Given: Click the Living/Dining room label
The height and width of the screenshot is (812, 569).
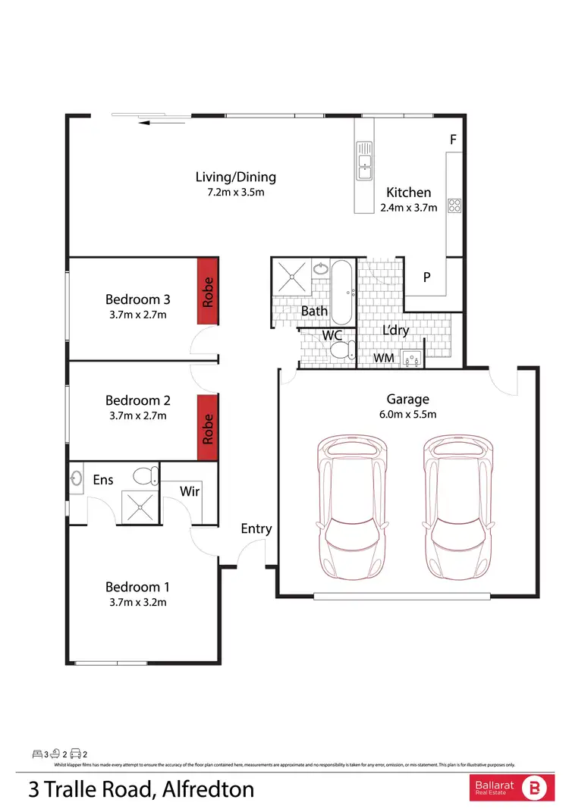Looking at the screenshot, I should point(235,177).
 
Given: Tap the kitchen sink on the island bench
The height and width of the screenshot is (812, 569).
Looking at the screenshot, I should point(364,161).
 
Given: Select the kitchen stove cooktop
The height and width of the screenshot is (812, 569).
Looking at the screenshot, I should point(454,205).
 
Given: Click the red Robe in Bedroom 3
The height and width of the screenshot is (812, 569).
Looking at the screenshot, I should point(208,292).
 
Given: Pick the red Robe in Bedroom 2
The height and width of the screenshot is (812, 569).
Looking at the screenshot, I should point(208,428).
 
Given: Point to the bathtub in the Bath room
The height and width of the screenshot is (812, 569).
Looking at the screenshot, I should point(341,292).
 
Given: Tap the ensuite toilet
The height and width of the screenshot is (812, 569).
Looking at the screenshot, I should point(145,475).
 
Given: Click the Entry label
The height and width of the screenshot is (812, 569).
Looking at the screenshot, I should point(256,528).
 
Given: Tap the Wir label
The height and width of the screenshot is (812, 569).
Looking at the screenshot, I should point(190,491).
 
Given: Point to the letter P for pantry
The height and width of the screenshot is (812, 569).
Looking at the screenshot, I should point(427,277).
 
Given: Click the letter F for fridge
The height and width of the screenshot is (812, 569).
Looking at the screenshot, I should point(452,140).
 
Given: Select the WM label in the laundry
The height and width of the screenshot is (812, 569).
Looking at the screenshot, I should point(382,358).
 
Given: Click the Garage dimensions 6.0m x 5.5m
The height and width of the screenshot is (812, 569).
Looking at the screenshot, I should point(407,414).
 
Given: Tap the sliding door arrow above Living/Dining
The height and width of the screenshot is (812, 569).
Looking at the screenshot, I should point(163,122).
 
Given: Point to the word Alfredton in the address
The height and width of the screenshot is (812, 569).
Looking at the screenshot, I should point(207,790).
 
